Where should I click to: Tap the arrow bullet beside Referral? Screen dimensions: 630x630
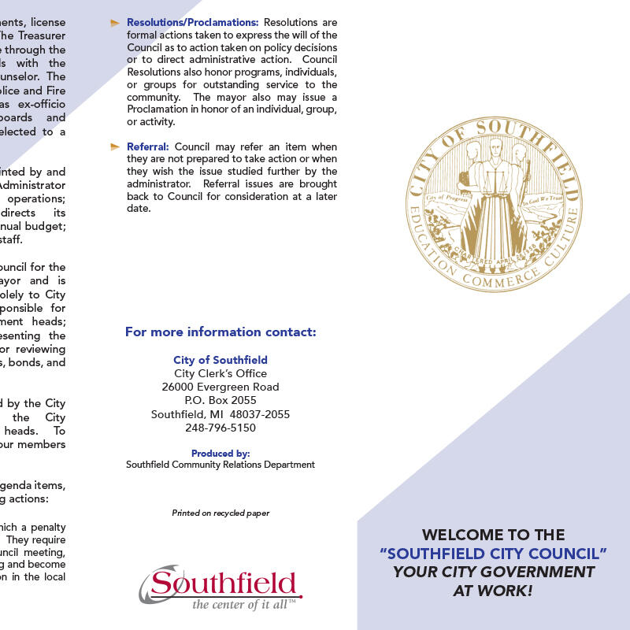coord(115,147)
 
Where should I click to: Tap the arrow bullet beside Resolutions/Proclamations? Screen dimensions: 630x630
coord(115,23)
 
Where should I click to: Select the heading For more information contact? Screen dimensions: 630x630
coord(220,332)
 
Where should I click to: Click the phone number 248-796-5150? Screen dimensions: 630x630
coord(220,428)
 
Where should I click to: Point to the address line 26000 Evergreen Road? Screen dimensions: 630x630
coord(220,387)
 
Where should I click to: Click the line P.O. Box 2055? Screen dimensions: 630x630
coord(220,400)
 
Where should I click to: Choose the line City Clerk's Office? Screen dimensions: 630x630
coord(220,373)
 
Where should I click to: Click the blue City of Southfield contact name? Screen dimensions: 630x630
coord(220,360)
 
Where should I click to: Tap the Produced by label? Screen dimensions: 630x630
coord(220,454)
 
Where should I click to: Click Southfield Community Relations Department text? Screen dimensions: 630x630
coord(220,465)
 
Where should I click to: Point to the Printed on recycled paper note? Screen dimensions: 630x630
coord(220,513)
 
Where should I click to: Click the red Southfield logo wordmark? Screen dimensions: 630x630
coord(224,584)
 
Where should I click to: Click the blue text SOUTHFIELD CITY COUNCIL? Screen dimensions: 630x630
coord(493,553)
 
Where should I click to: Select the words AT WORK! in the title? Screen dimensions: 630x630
coord(493,590)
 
